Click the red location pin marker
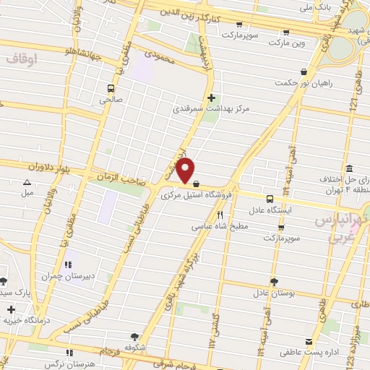(x=186, y=170)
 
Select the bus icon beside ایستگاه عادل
(x=270, y=199)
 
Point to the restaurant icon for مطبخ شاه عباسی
(x=220, y=214)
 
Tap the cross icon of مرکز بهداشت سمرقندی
(x=211, y=98)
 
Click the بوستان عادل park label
(x=271, y=293)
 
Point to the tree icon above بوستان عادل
(x=273, y=281)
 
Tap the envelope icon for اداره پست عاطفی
(x=309, y=341)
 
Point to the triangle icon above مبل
(x=27, y=182)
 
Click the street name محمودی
(x=160, y=56)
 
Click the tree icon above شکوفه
(x=134, y=336)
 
